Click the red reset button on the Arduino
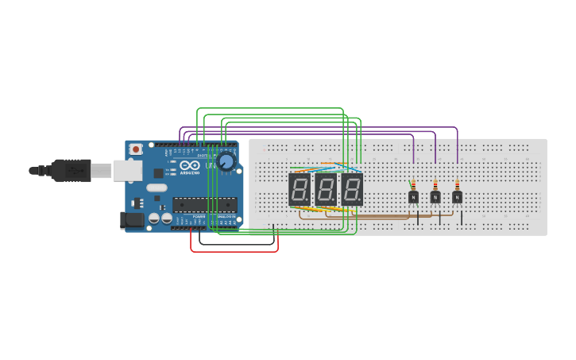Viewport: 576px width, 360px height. pyautogui.click(x=136, y=149)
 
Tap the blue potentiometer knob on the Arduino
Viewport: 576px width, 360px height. pyautogui.click(x=226, y=161)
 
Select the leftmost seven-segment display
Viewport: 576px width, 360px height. pyautogui.click(x=300, y=190)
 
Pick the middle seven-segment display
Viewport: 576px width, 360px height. pyautogui.click(x=326, y=190)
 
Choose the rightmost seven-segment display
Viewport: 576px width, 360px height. pyautogui.click(x=352, y=190)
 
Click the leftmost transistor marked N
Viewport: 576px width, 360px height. pyautogui.click(x=413, y=196)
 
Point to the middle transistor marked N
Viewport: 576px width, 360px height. pyautogui.click(x=435, y=196)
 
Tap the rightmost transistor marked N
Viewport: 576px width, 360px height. pyautogui.click(x=458, y=196)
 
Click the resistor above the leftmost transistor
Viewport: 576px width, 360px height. pyautogui.click(x=413, y=185)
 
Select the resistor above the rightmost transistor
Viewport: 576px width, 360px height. pyautogui.click(x=458, y=185)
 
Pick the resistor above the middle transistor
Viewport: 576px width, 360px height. pyautogui.click(x=435, y=185)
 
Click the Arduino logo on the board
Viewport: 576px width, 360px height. pyautogui.click(x=189, y=168)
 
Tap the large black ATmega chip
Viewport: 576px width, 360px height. pyautogui.click(x=204, y=204)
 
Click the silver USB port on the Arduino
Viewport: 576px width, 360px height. pyautogui.click(x=126, y=170)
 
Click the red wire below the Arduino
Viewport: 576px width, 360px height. pyautogui.click(x=234, y=251)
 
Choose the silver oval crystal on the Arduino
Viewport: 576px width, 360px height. pyautogui.click(x=157, y=188)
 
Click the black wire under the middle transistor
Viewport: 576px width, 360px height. pyautogui.click(x=439, y=218)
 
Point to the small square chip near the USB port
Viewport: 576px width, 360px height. pyautogui.click(x=158, y=172)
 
